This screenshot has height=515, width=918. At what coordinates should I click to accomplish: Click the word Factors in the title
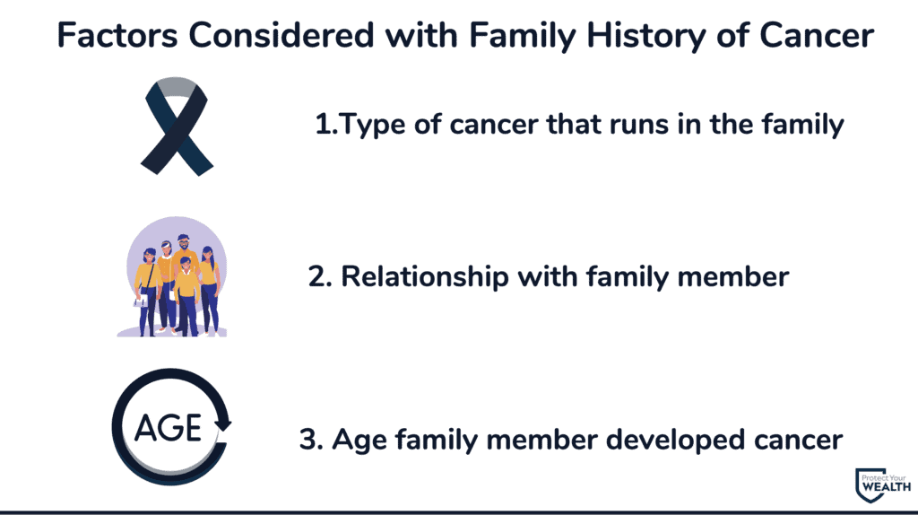[117, 35]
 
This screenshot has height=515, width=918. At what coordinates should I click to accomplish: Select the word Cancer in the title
[817, 35]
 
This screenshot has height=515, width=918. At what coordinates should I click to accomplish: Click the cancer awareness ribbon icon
[177, 126]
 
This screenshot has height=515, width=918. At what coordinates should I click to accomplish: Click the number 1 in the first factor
[323, 124]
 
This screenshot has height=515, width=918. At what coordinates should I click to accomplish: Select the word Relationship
[425, 277]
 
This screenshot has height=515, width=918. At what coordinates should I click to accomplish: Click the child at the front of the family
[186, 296]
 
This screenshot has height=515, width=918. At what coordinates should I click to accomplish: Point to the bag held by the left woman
[141, 301]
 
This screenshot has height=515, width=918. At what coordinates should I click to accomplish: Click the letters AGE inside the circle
[168, 428]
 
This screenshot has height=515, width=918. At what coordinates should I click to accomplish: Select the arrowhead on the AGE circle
[222, 424]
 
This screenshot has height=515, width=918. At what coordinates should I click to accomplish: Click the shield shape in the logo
[870, 485]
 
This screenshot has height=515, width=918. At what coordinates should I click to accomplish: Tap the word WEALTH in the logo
[887, 487]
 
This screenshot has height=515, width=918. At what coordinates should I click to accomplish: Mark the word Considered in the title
[281, 35]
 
